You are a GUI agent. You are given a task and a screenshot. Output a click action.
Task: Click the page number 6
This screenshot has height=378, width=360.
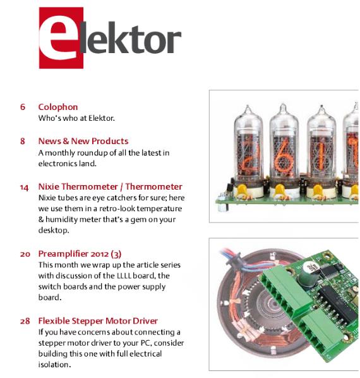click(23, 107)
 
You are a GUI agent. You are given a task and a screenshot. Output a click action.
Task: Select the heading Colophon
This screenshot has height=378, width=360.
click(58, 107)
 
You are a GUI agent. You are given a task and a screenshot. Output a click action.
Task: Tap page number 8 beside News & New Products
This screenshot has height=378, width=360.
click(23, 141)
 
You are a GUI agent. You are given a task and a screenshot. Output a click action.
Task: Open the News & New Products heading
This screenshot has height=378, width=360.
click(83, 141)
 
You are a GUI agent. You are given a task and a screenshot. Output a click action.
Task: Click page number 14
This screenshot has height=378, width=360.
click(24, 186)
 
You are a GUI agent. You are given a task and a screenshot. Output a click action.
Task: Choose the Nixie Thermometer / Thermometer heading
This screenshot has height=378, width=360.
click(110, 186)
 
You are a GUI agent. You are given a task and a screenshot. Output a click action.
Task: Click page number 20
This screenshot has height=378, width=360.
click(25, 253)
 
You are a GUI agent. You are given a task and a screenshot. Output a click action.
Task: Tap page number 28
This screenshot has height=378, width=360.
click(25, 321)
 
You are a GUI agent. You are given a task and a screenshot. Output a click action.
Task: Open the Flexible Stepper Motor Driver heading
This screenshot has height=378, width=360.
click(98, 321)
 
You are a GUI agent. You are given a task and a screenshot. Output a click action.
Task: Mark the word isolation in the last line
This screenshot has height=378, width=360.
click(54, 365)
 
